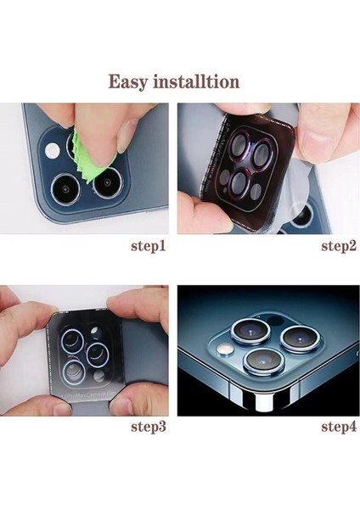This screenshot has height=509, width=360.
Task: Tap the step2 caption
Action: pyautogui.click(x=337, y=247)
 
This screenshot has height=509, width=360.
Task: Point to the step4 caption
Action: pyautogui.click(x=337, y=426)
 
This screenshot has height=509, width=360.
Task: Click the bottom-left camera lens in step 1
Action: pyautogui.click(x=64, y=187)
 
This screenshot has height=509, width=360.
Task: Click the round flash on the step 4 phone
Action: pyautogui.click(x=225, y=350)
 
